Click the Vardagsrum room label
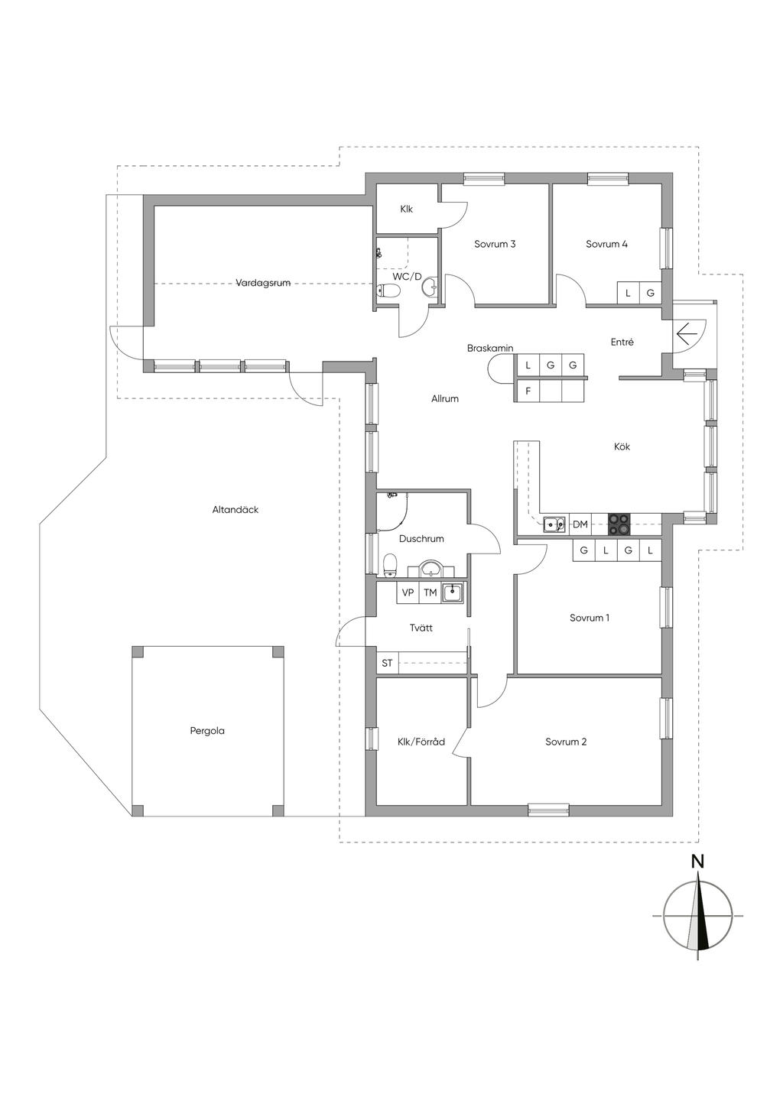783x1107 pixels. tap(262, 283)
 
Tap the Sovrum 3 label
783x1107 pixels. tap(495, 244)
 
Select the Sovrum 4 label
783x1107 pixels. tap(606, 244)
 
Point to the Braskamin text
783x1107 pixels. tap(490, 349)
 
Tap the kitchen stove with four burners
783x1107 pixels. tap(619, 524)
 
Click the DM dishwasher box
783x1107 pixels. tap(580, 524)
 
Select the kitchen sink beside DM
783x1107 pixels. tap(554, 524)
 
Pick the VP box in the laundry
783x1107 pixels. tap(408, 592)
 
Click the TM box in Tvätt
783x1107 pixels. tap(430, 592)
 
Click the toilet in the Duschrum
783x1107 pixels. tap(391, 566)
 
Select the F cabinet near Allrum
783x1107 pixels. tap(528, 391)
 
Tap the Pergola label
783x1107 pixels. tap(207, 730)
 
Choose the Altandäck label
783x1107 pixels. tap(236, 509)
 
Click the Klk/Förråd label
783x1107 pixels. tap(421, 742)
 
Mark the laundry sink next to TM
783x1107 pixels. tap(453, 592)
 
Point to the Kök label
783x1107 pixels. tap(622, 446)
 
